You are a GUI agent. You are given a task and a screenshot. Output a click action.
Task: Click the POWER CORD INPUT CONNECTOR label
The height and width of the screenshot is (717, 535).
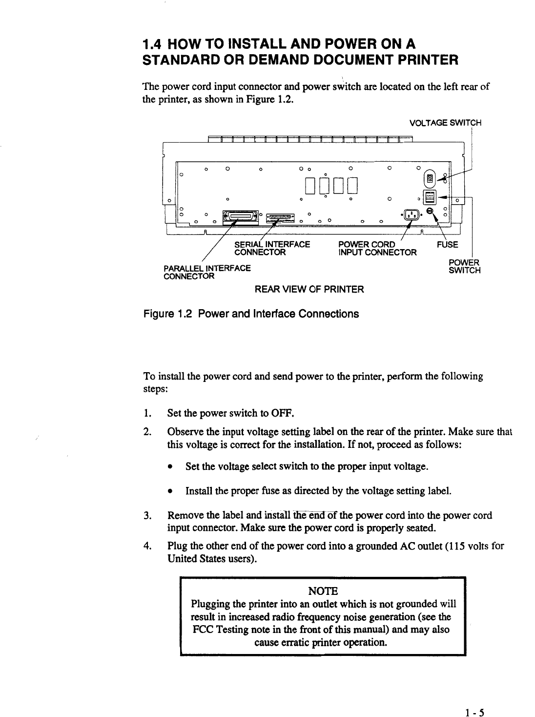[377, 249]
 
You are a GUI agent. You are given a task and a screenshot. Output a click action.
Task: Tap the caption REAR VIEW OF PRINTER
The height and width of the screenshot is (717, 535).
[309, 290]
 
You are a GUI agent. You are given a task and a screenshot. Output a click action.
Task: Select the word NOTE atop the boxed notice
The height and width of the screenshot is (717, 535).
[322, 590]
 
